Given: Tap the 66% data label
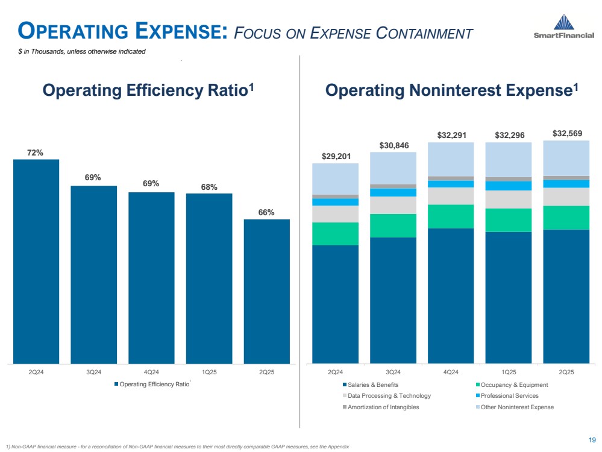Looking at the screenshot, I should [267, 212].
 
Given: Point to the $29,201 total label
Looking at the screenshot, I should [335, 156].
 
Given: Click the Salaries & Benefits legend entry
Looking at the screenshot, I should [373, 385].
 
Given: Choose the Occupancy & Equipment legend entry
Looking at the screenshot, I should [513, 385].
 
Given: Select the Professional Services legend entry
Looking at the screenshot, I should [507, 396].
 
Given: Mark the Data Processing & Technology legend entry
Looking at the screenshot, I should [389, 396].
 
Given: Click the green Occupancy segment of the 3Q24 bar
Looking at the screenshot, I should [393, 225].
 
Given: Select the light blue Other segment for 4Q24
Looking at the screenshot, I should [450, 159].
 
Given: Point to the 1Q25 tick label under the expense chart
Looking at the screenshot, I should [509, 372].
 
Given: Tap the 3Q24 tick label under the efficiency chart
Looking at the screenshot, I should [93, 372].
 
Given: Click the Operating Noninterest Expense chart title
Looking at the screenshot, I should [451, 90].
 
